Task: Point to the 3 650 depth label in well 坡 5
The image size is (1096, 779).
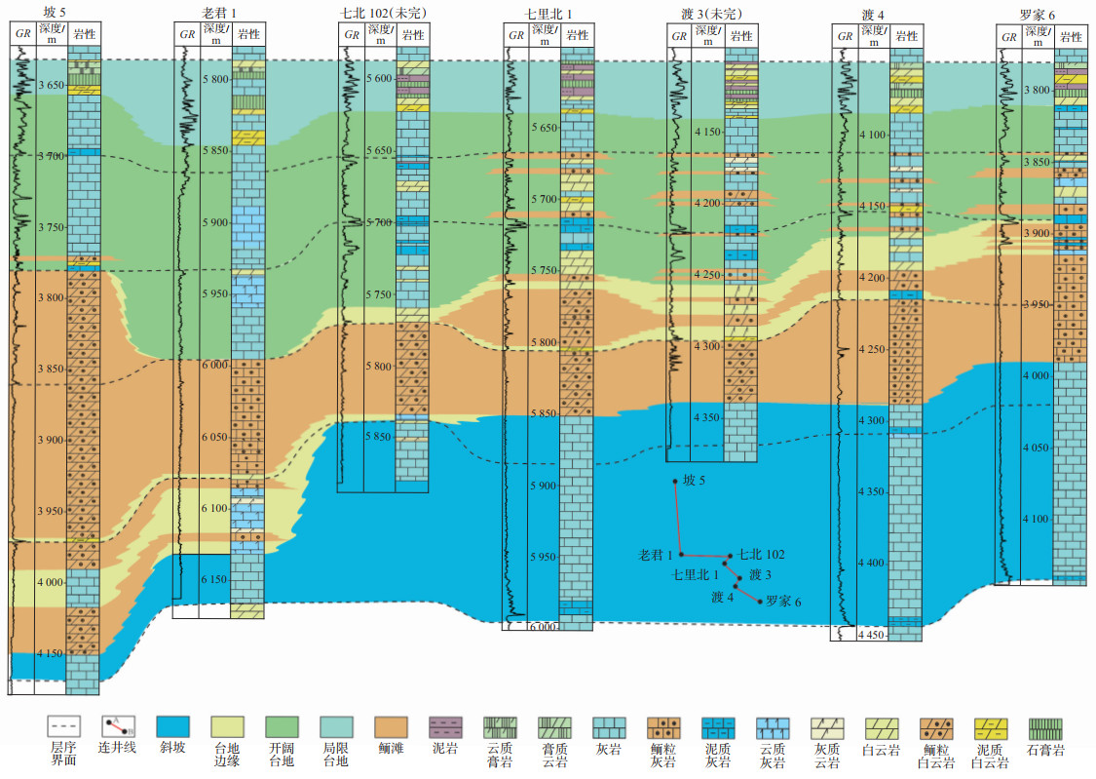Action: tap(50, 85)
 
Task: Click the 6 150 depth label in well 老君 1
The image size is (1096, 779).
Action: tap(214, 580)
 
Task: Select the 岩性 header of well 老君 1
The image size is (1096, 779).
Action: tap(248, 35)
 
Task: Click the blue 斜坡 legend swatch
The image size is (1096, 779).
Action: tap(172, 727)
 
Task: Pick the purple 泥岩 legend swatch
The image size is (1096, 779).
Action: tap(445, 727)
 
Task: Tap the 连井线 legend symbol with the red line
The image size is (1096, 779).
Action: tap(118, 727)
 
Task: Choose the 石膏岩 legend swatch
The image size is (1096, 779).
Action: tap(1044, 727)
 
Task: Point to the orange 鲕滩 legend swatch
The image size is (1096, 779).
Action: tap(391, 727)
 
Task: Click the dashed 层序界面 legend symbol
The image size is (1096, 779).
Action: tap(63, 727)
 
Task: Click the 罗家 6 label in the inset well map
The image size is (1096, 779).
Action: tap(783, 602)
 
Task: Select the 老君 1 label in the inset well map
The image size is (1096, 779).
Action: tap(657, 554)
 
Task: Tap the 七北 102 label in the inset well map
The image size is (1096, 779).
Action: tap(761, 554)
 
